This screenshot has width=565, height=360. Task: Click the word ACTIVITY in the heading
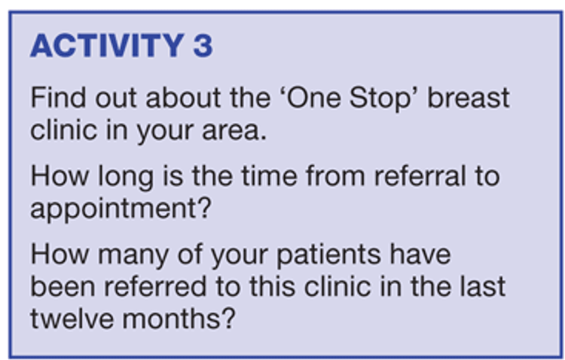click(108, 45)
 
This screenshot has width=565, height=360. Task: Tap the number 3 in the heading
click(203, 45)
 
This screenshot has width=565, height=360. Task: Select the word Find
click(58, 97)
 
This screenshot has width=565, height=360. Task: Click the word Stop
click(380, 100)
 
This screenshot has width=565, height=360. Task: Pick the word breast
click(468, 97)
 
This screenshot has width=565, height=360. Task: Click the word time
click(270, 175)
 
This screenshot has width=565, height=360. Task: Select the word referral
click(420, 175)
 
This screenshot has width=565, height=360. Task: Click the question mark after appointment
click(204, 207)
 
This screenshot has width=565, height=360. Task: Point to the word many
click(133, 257)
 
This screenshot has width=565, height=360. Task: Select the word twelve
click(72, 319)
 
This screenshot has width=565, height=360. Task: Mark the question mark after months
click(228, 318)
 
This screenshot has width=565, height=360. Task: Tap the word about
click(183, 97)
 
